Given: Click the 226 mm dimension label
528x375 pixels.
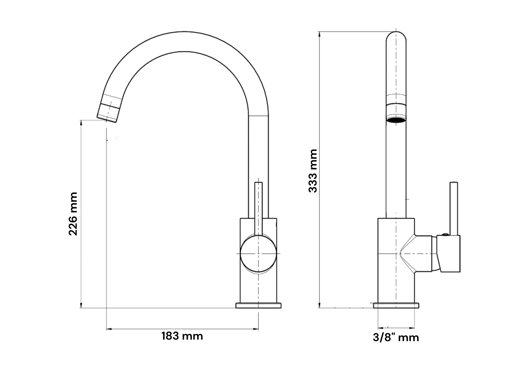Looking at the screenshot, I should click(73, 214).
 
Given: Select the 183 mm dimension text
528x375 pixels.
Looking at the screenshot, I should click(182, 336).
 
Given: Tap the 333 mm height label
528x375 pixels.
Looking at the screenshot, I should click(313, 171).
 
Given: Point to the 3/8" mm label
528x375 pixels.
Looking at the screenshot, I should click(396, 337).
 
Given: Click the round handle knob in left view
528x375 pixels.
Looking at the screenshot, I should click(258, 253).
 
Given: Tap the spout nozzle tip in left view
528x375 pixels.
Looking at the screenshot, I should click(107, 117).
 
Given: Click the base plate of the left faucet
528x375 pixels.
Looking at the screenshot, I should click(258, 305).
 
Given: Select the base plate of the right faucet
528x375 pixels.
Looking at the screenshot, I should click(396, 305).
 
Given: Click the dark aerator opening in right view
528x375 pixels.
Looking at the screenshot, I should click(396, 120).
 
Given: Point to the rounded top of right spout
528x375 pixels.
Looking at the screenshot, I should click(396, 38).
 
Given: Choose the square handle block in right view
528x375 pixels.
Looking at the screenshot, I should click(450, 253).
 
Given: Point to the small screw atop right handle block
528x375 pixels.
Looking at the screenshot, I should click(445, 234).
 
